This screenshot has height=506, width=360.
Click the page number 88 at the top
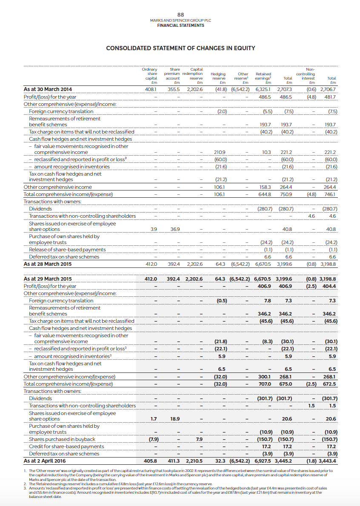coord(180,14)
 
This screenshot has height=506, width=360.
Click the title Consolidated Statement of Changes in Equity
coord(180,48)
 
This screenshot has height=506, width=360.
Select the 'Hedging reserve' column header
coord(218,76)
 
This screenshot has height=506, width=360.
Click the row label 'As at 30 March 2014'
coord(48,89)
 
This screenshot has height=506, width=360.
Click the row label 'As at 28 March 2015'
coord(48,264)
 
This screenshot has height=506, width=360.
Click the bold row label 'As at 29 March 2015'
coord(48,279)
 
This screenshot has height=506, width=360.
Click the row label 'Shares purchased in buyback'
coord(62,439)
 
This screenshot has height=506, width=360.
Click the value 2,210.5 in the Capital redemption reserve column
coord(194,461)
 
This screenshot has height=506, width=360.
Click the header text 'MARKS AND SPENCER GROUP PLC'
coord(180,20)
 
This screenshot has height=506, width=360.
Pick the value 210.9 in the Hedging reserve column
coord(220,152)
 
